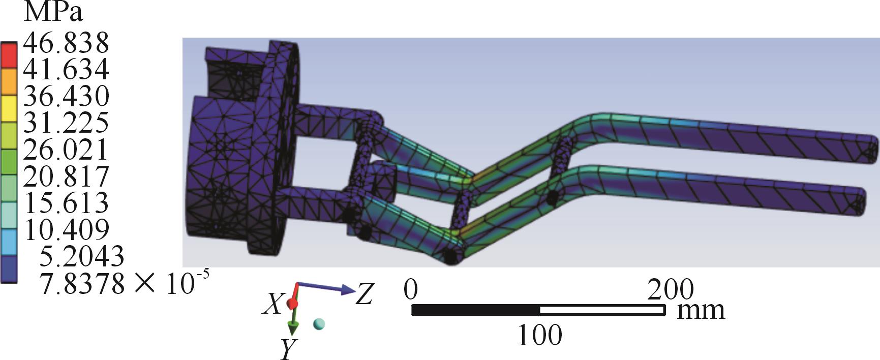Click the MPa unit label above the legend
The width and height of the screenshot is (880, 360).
click(x=53, y=12)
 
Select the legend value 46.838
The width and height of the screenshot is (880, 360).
click(x=67, y=43)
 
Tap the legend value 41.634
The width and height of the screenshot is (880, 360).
click(x=67, y=69)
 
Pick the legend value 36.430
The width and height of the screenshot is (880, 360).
click(x=67, y=96)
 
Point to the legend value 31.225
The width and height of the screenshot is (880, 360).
click(x=67, y=122)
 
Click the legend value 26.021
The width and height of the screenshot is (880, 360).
click(x=67, y=149)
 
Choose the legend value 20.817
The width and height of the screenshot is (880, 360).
click(x=67, y=176)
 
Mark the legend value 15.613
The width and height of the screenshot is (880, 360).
click(x=67, y=202)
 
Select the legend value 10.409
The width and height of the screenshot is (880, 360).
click(x=67, y=229)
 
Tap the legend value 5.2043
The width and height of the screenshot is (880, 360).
click(x=82, y=256)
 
